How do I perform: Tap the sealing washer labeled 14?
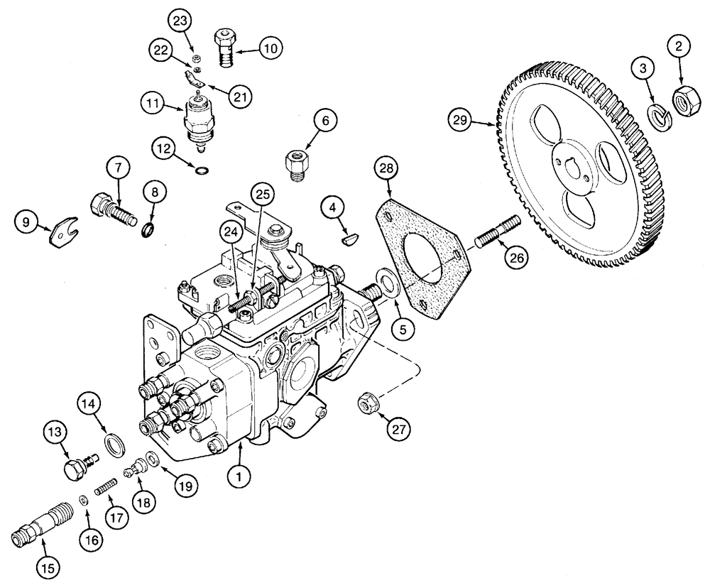click(x=112, y=448)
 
